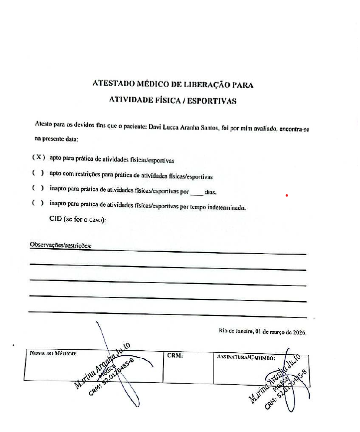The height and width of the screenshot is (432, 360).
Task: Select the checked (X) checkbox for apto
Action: (x=38, y=157)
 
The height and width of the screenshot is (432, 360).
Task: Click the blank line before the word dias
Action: (x=197, y=192)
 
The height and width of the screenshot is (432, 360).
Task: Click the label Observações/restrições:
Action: (x=61, y=245)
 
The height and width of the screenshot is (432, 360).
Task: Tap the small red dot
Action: (x=287, y=195)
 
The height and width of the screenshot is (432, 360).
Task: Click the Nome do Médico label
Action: (x=52, y=354)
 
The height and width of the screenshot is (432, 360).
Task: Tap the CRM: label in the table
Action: (x=176, y=356)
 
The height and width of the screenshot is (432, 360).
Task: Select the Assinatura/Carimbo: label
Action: (x=246, y=357)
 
